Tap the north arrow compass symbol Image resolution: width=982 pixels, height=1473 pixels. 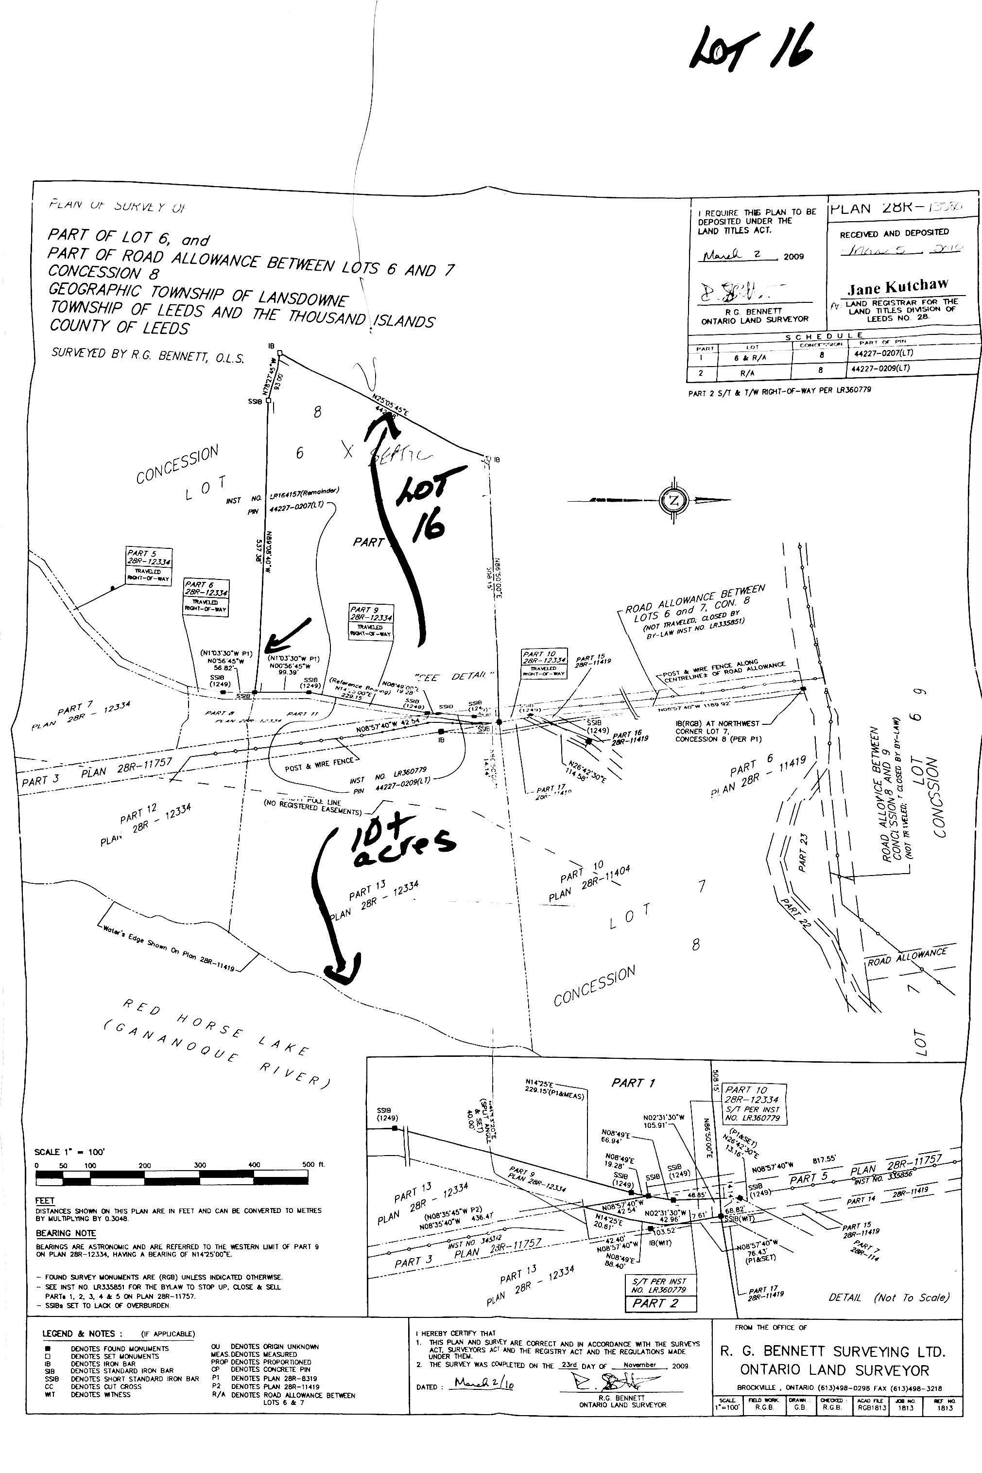coord(674,499)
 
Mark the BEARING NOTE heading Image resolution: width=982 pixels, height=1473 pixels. coord(66,1233)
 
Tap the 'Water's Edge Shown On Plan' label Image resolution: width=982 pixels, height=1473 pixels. coord(166,946)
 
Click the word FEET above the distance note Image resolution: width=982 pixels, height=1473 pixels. coord(45,1201)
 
